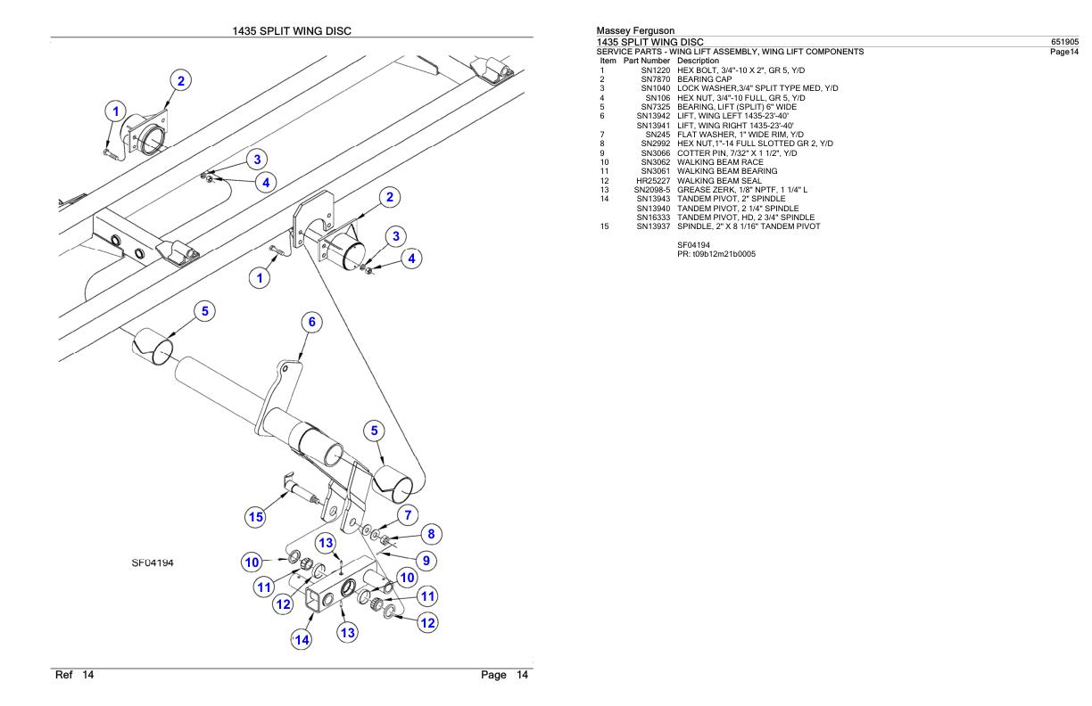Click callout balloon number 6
[310, 323]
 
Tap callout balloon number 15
[256, 516]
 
